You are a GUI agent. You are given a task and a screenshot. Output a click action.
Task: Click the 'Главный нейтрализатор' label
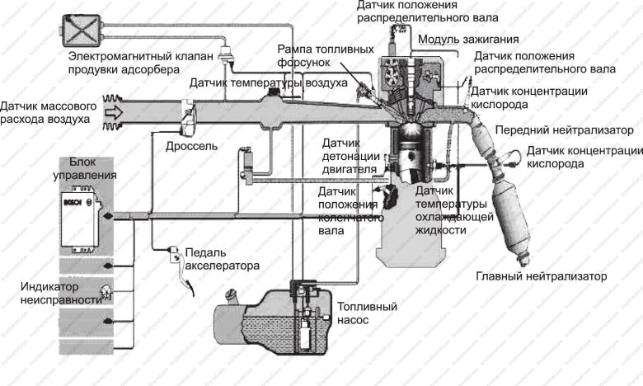(541, 275)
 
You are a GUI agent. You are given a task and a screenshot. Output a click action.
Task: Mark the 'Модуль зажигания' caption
(468, 40)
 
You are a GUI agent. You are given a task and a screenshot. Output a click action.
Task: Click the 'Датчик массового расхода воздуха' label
(49, 113)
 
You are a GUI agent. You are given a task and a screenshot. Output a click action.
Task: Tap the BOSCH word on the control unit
(72, 200)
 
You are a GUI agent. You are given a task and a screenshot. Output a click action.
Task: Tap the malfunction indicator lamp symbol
(106, 288)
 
